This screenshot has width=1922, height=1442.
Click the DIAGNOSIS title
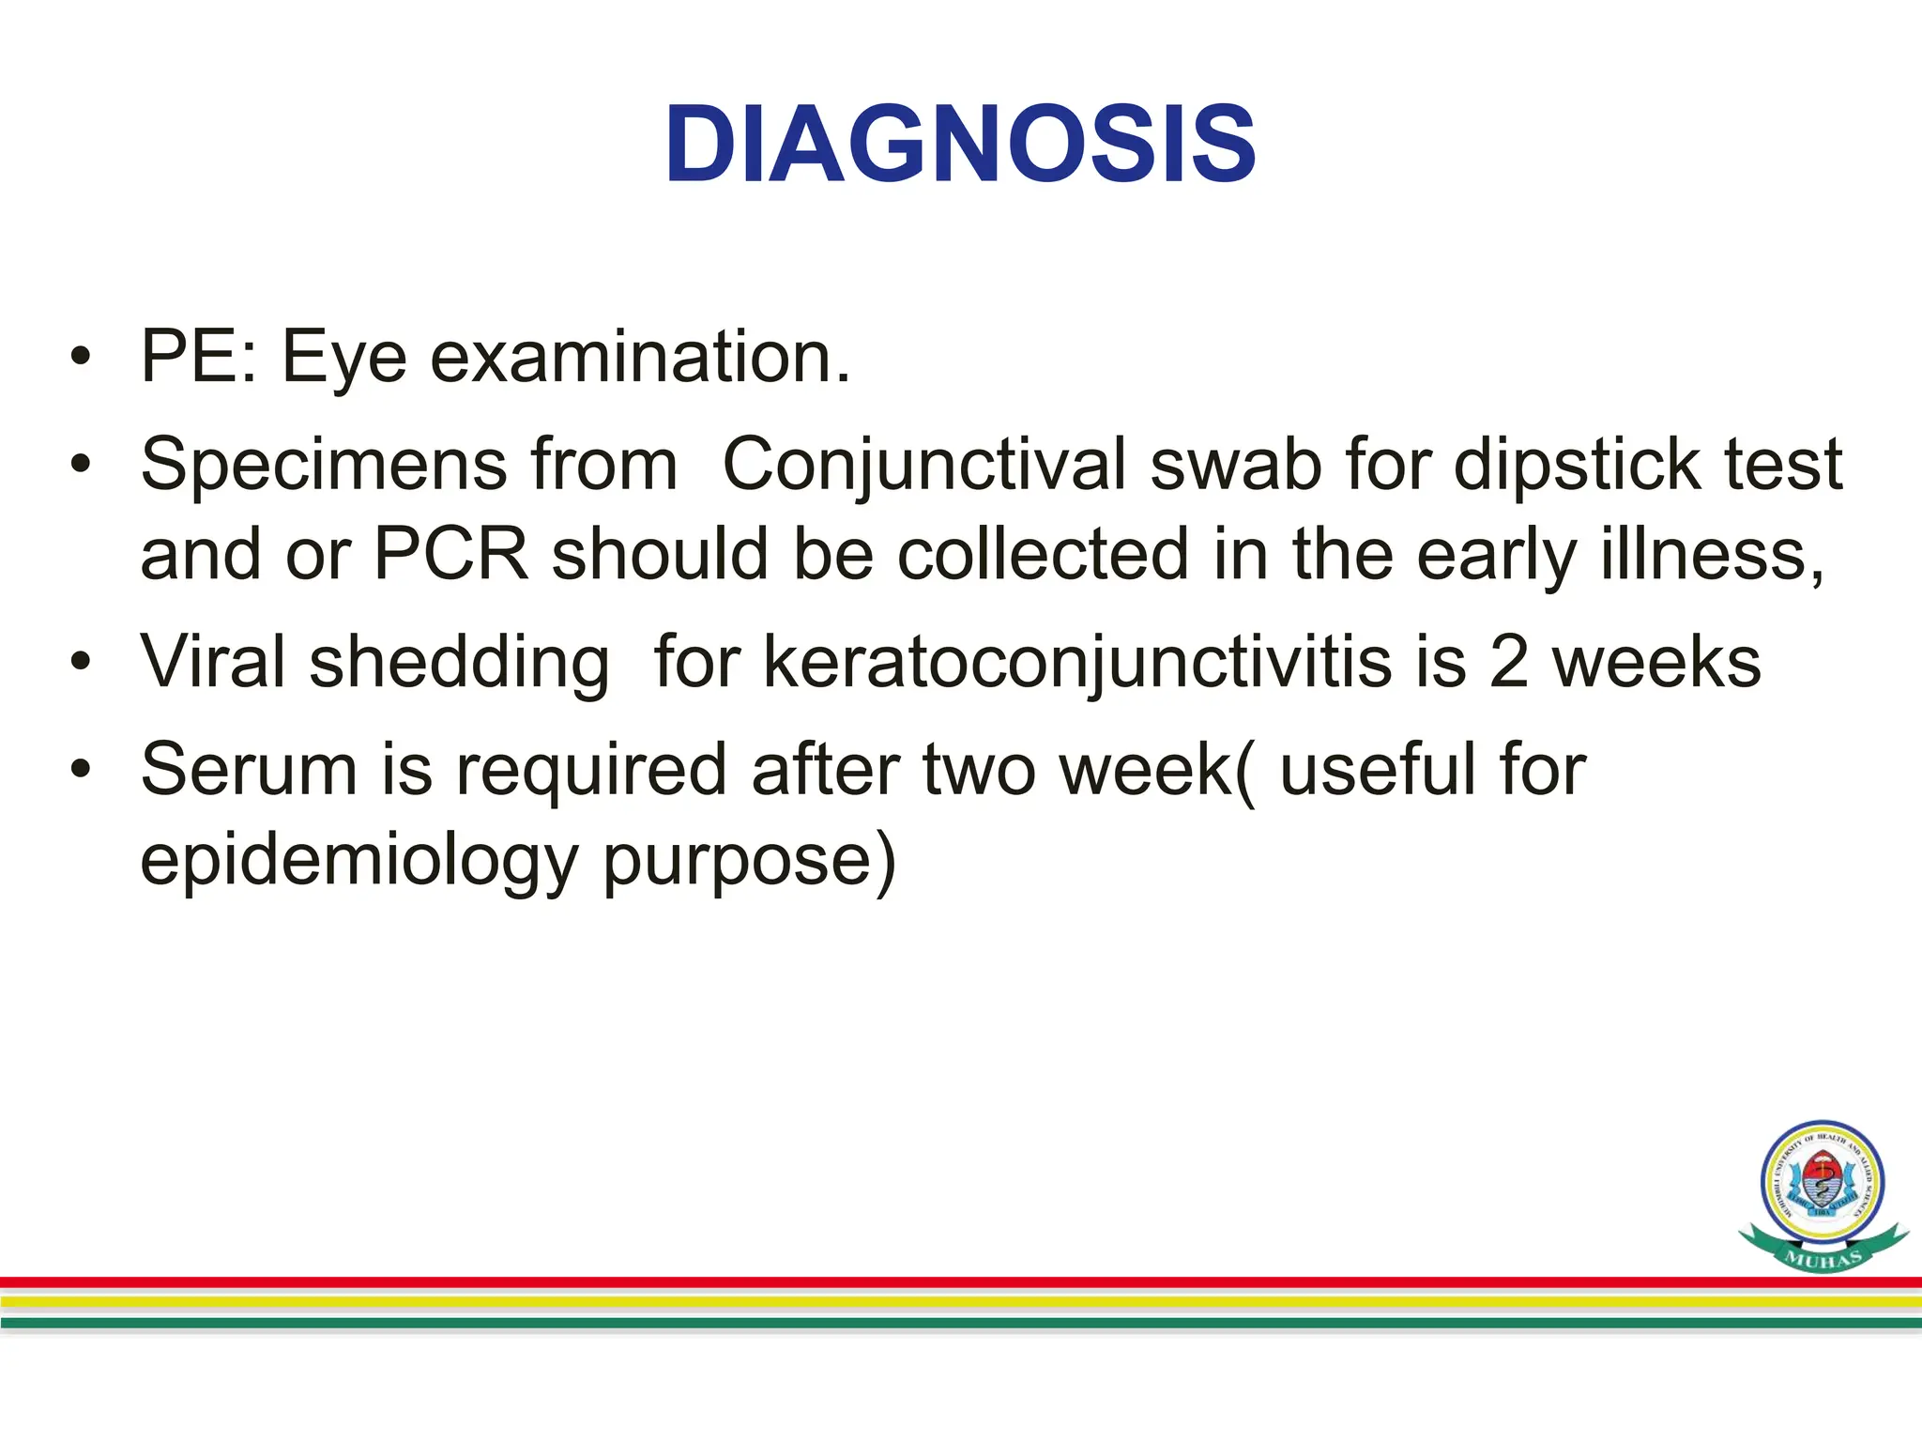pyautogui.click(x=960, y=146)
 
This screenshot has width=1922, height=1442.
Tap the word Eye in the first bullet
pyautogui.click(x=343, y=359)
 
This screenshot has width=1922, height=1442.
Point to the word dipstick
pyautogui.click(x=1577, y=466)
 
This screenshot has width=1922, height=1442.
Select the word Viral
pyautogui.click(x=213, y=663)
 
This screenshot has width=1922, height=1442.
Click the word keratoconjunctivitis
pyautogui.click(x=1077, y=663)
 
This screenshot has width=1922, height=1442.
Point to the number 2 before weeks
pyautogui.click(x=1508, y=663)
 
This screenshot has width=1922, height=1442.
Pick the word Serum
pyautogui.click(x=249, y=771)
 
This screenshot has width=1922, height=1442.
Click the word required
pyautogui.click(x=591, y=771)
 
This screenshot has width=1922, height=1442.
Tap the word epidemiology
pyautogui.click(x=358, y=860)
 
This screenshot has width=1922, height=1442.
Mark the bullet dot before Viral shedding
pyautogui.click(x=82, y=663)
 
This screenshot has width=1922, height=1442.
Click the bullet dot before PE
pyautogui.click(x=82, y=359)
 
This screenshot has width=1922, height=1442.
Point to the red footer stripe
pyautogui.click(x=961, y=1281)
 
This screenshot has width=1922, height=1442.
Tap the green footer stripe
pyautogui.click(x=961, y=1323)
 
